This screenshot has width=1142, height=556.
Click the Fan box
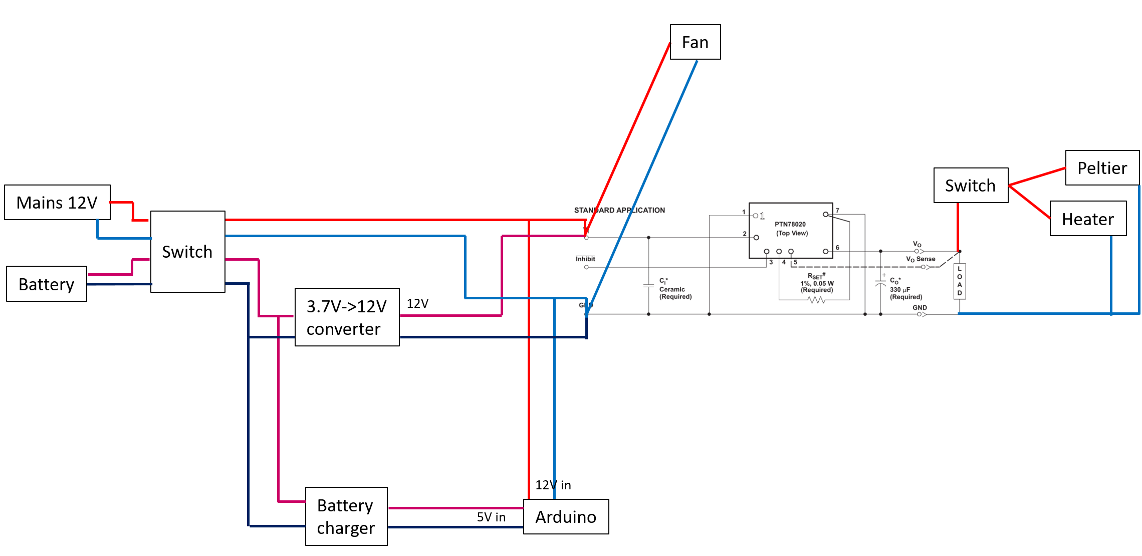click(x=695, y=42)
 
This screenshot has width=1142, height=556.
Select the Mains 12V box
click(x=57, y=203)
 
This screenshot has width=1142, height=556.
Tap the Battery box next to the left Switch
click(x=47, y=284)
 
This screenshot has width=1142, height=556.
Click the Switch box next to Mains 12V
click(x=187, y=252)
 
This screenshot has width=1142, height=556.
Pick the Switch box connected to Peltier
click(x=971, y=186)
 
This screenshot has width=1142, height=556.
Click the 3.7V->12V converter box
click(x=347, y=317)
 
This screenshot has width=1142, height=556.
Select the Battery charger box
click(x=346, y=516)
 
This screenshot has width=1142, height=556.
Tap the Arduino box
click(x=566, y=517)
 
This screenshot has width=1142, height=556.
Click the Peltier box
click(x=1102, y=168)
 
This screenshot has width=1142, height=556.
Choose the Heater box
click(x=1088, y=219)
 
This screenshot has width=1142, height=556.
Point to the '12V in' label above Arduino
click(x=553, y=485)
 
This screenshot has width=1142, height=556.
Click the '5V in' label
click(x=491, y=517)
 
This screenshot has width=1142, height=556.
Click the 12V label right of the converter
click(x=417, y=303)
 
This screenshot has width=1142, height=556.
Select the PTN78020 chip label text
click(x=790, y=224)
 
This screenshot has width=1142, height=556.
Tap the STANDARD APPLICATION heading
click(x=619, y=210)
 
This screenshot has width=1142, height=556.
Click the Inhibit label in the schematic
click(x=585, y=259)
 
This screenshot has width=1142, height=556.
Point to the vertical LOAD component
click(x=959, y=281)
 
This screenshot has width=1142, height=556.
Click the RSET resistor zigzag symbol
click(x=816, y=300)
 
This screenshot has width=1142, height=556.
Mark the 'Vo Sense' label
click(x=921, y=259)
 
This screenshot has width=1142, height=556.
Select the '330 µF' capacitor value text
click(x=900, y=290)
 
